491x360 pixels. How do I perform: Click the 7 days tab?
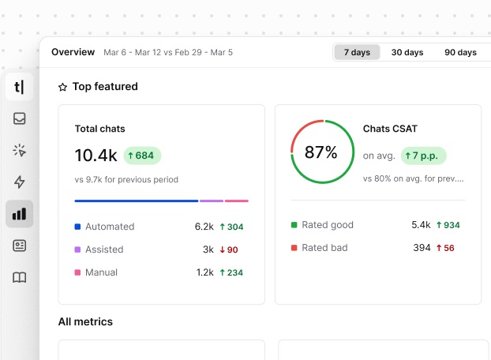[357, 52]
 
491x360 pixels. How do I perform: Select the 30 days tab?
[407, 52]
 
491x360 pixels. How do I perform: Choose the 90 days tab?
[460, 52]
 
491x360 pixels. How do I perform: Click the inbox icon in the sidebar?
[20, 119]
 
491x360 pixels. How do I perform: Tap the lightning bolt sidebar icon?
[20, 182]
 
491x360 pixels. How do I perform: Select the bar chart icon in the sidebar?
[20, 214]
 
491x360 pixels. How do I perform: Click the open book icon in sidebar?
[20, 277]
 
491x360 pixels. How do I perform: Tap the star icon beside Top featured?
[63, 88]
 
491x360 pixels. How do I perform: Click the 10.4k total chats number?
[96, 155]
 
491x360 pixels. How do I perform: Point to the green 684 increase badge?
[142, 155]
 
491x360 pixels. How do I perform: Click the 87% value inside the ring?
[320, 152]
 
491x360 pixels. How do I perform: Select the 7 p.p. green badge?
[423, 156]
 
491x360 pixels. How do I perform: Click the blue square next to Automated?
[78, 227]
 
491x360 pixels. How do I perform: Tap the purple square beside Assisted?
[78, 249]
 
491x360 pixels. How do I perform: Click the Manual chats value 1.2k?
[204, 272]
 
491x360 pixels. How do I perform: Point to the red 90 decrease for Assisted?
[228, 249]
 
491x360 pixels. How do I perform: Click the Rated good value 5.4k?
[421, 225]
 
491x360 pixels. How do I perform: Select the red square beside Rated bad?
[294, 248]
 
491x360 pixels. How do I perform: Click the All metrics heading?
[85, 321]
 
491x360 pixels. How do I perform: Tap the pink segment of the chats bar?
[237, 201]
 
